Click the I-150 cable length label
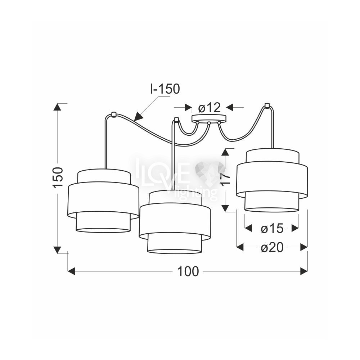point(165,89)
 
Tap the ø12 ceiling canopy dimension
point(209,107)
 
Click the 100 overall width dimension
point(188,271)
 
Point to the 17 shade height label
point(226,179)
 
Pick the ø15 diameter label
point(272,229)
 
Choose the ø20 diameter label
point(272,248)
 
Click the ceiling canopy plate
point(209,118)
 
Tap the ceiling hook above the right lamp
point(267,105)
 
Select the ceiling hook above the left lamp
point(113,114)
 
